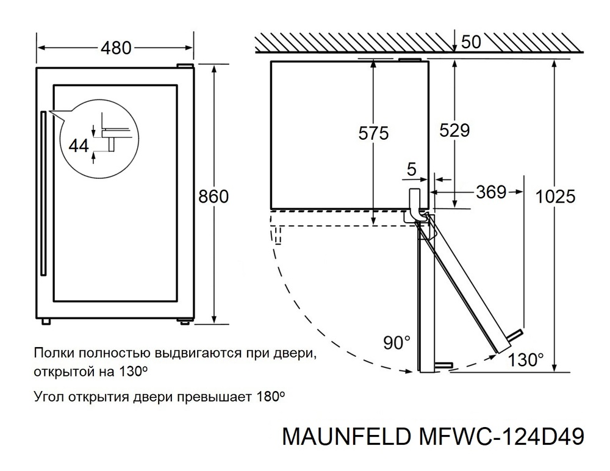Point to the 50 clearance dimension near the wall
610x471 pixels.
pyautogui.click(x=472, y=42)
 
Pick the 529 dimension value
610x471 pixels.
pyautogui.click(x=454, y=131)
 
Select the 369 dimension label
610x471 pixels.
pyautogui.click(x=491, y=192)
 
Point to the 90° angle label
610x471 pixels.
pyautogui.click(x=397, y=343)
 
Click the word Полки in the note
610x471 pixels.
pyautogui.click(x=51, y=353)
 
